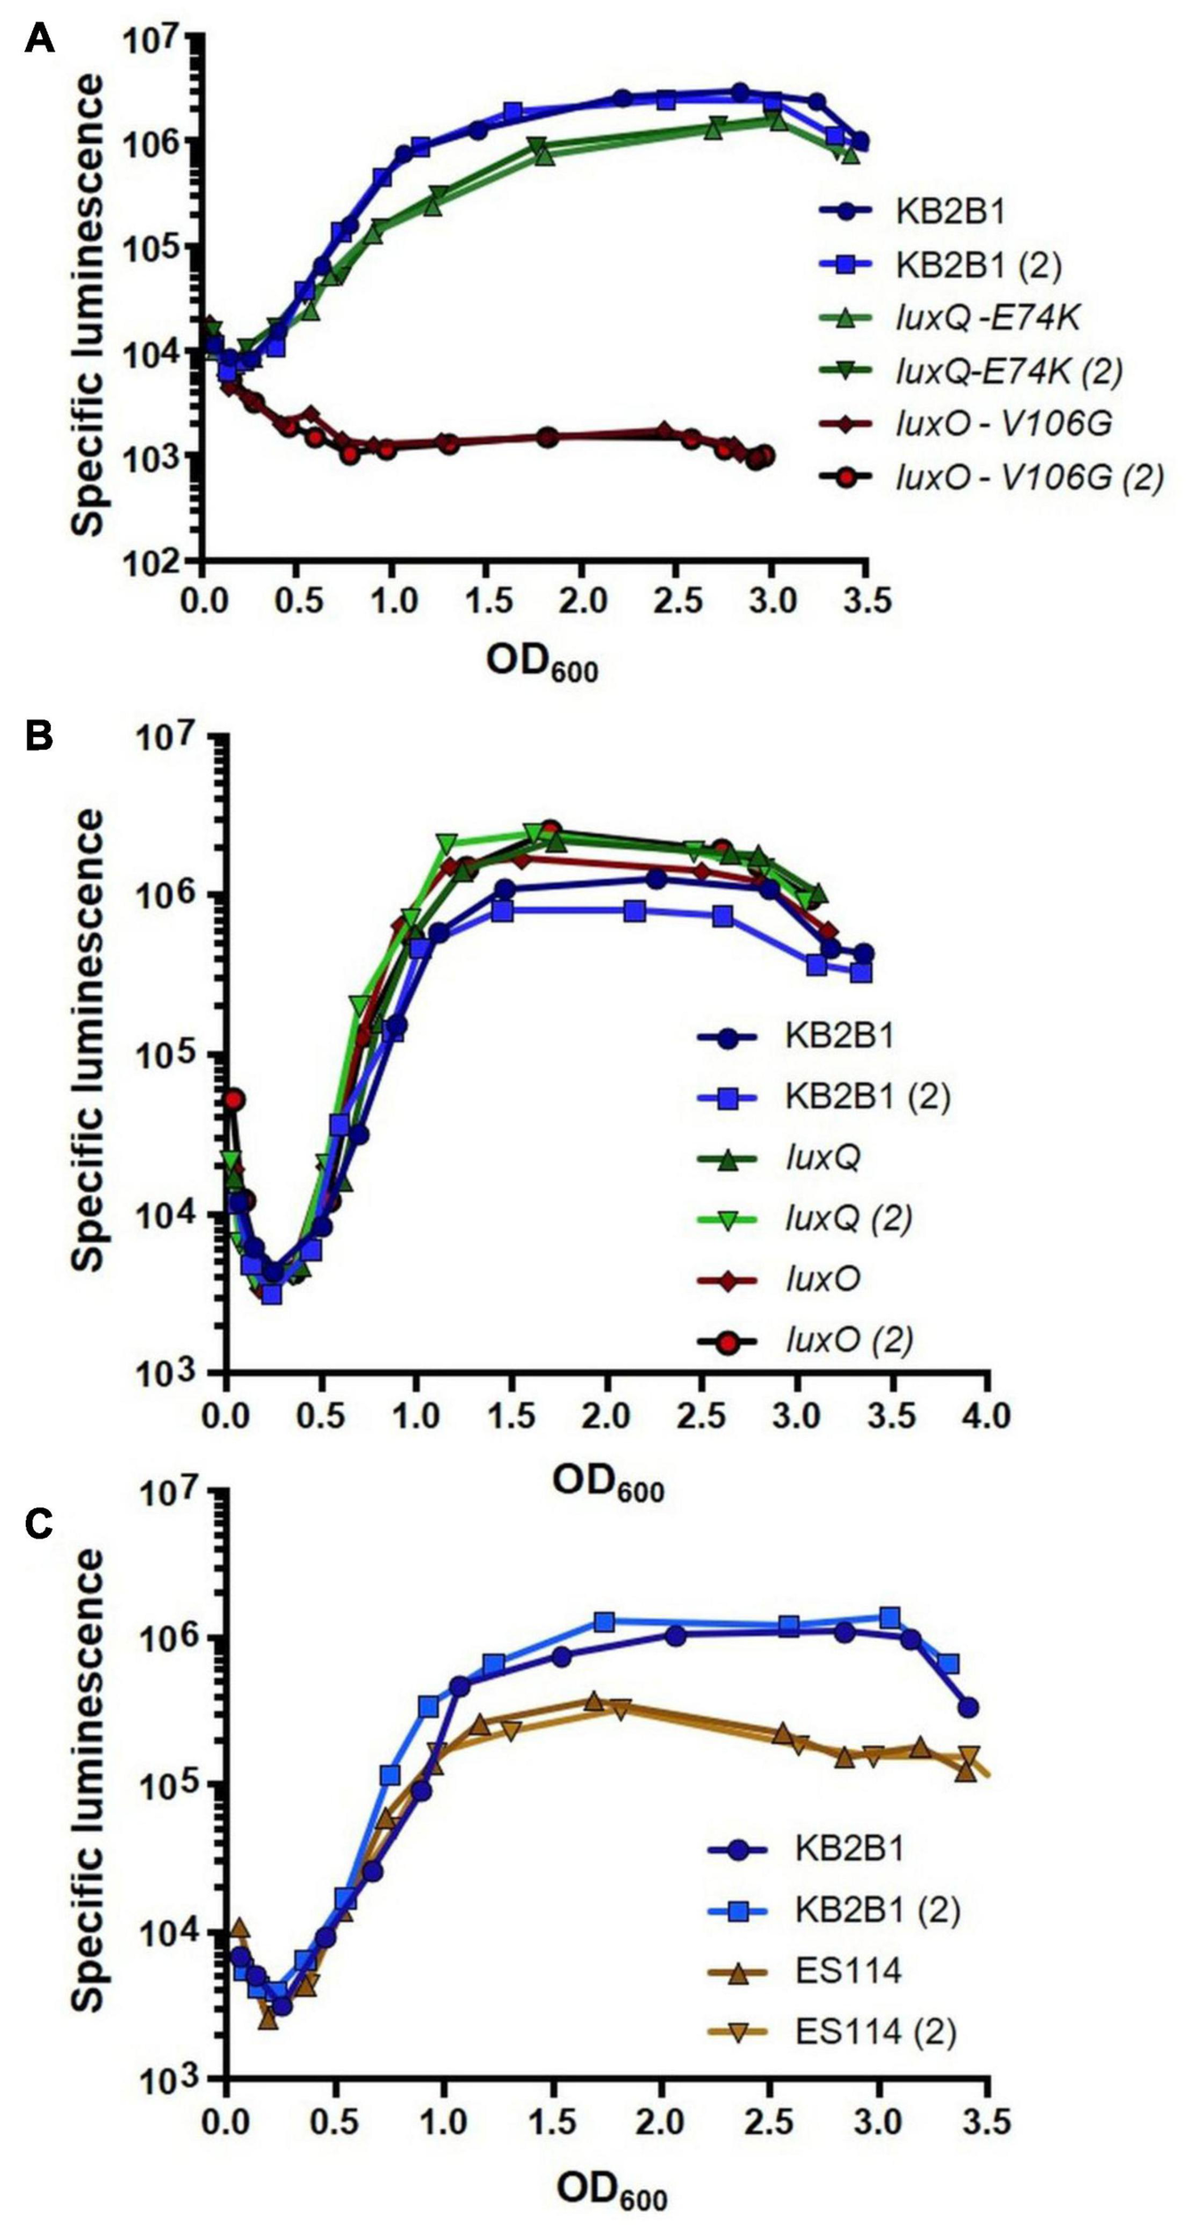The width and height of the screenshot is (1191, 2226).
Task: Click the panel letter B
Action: click(x=39, y=736)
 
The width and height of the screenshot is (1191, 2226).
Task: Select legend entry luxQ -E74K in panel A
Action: click(x=987, y=318)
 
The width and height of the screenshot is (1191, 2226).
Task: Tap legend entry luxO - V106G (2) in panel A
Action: click(x=1029, y=478)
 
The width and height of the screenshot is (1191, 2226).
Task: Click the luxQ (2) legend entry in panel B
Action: click(x=848, y=1218)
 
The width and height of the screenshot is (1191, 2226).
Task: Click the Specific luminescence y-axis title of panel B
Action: click(x=88, y=1039)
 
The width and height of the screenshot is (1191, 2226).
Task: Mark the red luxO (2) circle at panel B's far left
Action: click(x=233, y=1101)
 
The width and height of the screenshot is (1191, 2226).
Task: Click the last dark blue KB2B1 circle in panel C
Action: click(x=968, y=1707)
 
